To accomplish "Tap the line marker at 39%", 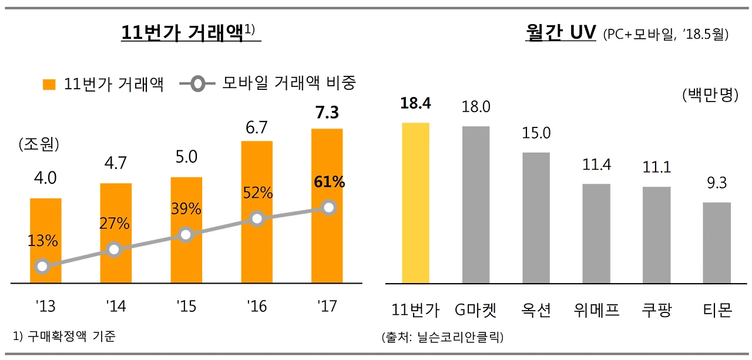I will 186,235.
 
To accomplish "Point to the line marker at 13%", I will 42,267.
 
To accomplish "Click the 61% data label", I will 330,182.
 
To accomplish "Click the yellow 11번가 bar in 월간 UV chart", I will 415,203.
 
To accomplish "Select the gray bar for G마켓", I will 476,204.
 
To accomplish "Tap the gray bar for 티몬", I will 717,243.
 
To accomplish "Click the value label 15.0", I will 536,133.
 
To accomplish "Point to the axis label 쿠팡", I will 657,309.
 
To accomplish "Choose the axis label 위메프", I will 596,309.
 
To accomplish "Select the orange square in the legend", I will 49,85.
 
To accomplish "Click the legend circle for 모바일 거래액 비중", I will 198,85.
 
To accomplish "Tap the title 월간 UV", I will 560,33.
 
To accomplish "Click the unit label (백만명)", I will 710,95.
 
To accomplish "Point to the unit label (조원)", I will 39,144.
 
